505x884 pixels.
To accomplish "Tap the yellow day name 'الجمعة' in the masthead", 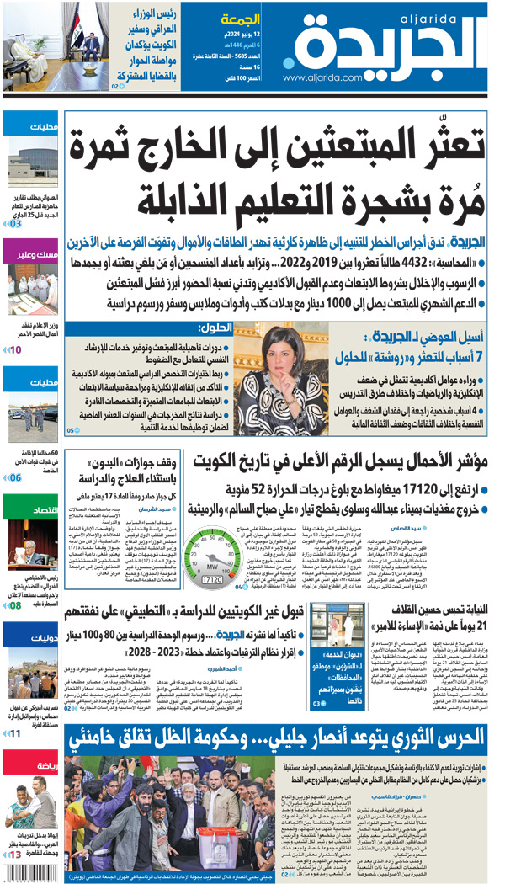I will pos(241,19).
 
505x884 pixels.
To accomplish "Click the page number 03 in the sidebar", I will pos(17,225).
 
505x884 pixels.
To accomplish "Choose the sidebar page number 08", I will pos(16,605).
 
